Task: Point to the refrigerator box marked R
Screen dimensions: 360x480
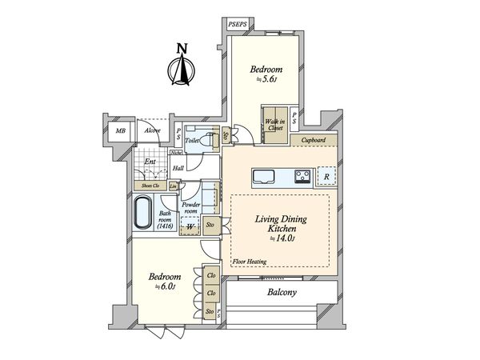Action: click(326, 176)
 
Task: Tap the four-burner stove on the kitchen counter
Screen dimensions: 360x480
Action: click(303, 175)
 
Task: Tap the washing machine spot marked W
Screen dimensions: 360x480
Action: click(190, 227)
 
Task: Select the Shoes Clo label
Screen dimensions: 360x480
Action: click(150, 186)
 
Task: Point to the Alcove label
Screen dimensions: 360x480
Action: click(152, 130)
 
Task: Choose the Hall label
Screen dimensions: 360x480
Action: click(178, 168)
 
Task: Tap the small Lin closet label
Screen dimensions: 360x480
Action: click(173, 186)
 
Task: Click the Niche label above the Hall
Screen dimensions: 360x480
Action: click(176, 151)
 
